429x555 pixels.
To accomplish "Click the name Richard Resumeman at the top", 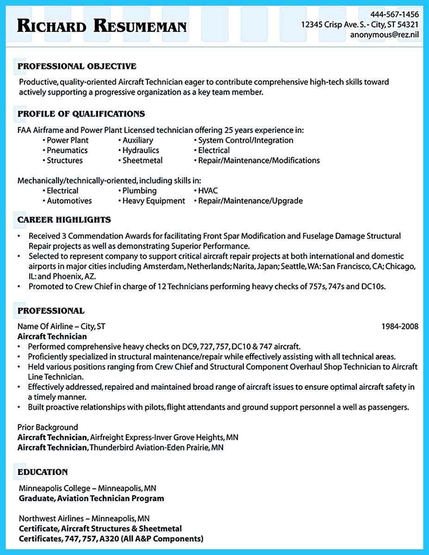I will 101,26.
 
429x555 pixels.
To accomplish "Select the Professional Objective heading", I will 77,67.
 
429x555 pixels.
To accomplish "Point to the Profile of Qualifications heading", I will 81,114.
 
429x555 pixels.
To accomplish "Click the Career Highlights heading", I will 64,220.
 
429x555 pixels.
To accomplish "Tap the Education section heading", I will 43,472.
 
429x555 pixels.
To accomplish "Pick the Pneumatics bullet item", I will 67,150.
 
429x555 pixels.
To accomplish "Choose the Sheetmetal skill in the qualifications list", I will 143,160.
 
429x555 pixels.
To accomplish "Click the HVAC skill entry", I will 208,191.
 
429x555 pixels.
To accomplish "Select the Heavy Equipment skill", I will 154,201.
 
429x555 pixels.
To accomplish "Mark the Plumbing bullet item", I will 139,191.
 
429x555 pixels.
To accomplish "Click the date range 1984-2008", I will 400,327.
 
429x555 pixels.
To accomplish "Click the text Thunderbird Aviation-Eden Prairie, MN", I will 156,448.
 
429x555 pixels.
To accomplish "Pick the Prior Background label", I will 48,427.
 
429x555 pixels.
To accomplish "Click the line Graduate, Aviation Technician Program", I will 92,499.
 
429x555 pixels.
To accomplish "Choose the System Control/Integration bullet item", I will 246,140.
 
